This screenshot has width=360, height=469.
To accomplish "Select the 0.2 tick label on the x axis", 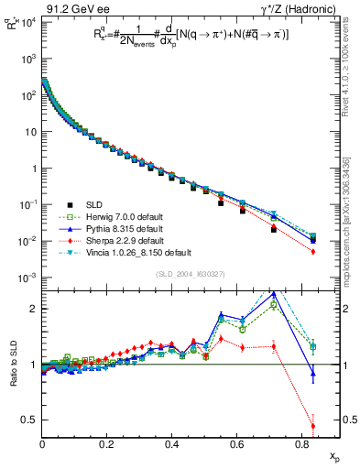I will click(107, 443).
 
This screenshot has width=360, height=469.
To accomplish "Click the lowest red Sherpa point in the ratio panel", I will click(313, 425).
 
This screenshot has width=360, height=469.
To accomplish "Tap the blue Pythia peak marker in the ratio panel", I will click(274, 294).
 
